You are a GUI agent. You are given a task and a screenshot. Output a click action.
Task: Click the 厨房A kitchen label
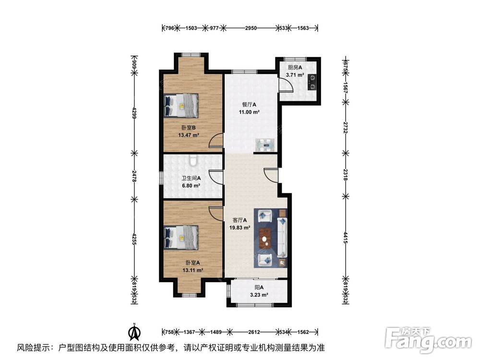coord(295,67)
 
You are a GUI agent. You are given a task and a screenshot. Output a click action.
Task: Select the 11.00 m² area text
coord(249,112)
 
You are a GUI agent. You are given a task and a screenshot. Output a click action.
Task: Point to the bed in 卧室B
coord(181,106)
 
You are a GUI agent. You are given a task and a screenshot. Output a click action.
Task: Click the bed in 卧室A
coord(181,238)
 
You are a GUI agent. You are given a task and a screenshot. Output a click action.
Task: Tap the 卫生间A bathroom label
coord(191,178)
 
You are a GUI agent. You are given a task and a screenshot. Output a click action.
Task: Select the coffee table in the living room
coord(265,238)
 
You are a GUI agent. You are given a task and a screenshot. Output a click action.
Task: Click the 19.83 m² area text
coord(240,228)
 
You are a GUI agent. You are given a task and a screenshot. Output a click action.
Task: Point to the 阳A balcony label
coord(259,288)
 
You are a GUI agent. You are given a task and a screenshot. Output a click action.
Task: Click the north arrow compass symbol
coord(134,332)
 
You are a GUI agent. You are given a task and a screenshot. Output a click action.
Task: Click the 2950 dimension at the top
coord(251,28)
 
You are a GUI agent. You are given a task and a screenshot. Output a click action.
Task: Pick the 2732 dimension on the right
coord(345,127)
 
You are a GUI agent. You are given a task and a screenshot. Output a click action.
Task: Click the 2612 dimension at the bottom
coord(254,332)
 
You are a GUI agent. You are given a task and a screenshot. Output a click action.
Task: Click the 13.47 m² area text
coord(189,135)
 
